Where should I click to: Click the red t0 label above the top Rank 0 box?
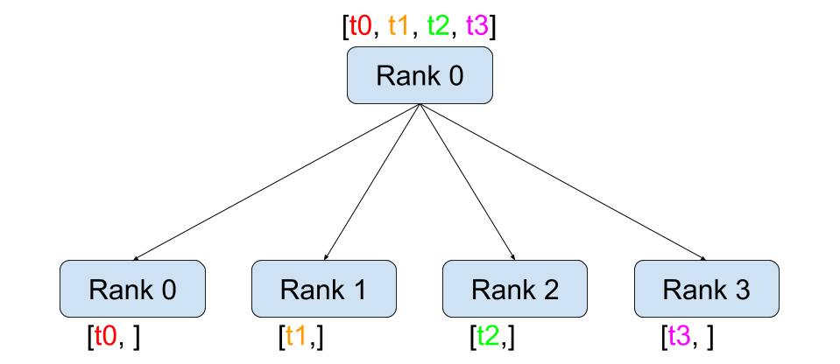[360, 25]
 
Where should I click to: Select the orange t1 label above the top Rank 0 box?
[399, 25]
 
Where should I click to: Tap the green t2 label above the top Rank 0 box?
[438, 25]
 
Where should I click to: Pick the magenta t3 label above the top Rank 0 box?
[477, 25]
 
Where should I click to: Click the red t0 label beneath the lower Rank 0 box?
[105, 336]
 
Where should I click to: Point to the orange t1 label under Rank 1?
[296, 336]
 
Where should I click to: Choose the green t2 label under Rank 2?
[488, 336]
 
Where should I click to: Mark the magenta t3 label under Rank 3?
[679, 336]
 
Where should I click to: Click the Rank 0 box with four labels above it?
[420, 75]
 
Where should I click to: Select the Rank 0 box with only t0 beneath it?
[132, 289]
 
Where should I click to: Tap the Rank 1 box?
[324, 289]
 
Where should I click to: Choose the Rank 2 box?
[515, 289]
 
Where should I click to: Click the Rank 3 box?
[706, 289]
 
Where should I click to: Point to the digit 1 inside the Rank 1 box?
[359, 290]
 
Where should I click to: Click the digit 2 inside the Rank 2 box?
[551, 290]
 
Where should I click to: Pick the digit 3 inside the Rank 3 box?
[742, 290]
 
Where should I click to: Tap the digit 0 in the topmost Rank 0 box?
[455, 76]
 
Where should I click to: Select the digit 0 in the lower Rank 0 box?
[168, 290]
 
